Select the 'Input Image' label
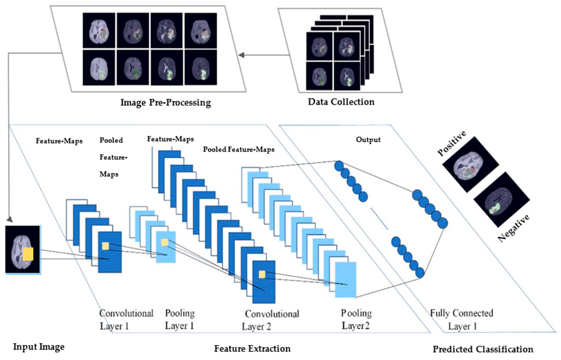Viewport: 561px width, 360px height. coord(39,347)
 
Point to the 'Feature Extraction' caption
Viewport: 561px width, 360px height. coord(252,349)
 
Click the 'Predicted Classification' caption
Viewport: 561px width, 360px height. coord(483,349)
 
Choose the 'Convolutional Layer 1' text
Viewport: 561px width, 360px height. coord(126,320)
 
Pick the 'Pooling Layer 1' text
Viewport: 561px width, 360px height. coord(180,320)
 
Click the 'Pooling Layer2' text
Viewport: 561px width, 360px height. coord(356,319)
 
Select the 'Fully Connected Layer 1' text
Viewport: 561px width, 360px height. coord(462,320)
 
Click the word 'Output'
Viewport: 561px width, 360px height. coord(368,140)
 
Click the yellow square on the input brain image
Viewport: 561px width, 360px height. coord(28,254)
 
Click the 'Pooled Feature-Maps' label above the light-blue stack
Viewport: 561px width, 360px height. coord(239,150)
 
